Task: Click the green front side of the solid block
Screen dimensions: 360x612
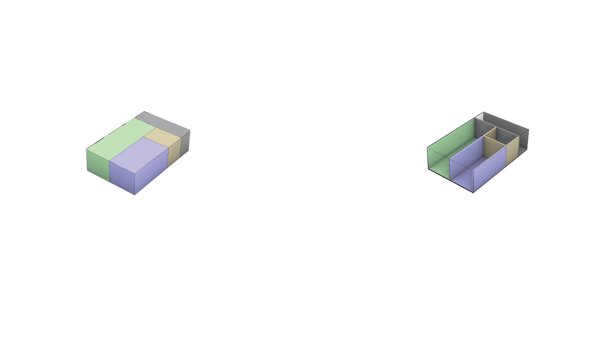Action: pyautogui.click(x=97, y=165)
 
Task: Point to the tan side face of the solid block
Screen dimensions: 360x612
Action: pyautogui.click(x=174, y=152)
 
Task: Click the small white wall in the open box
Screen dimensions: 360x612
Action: pyautogui.click(x=479, y=117)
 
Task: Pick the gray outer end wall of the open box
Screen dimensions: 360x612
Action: pyautogui.click(x=523, y=141)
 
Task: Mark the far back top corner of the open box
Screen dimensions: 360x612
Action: pyautogui.click(x=483, y=112)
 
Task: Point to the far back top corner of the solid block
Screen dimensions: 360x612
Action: pyautogui.click(x=143, y=112)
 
